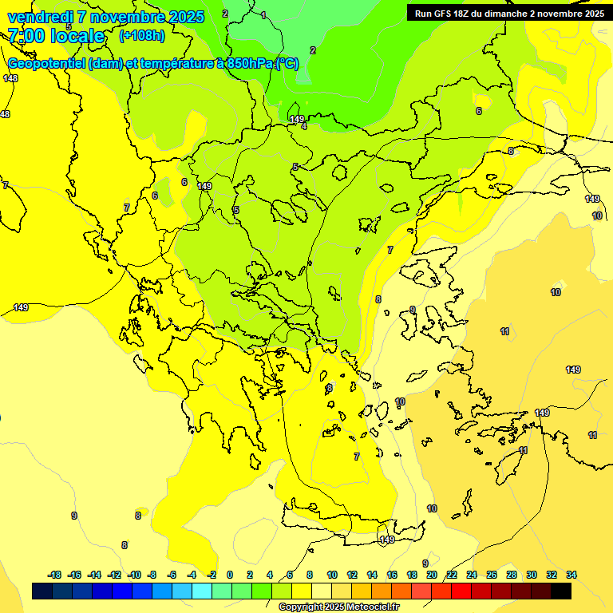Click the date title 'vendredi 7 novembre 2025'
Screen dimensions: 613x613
coord(105,17)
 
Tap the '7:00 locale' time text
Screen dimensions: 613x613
coord(56,36)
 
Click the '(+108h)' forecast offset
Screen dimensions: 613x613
coord(141,35)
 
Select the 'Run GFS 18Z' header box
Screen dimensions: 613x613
coord(509,13)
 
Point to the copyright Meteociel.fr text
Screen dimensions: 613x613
coord(338,607)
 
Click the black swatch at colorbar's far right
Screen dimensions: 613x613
coord(561,591)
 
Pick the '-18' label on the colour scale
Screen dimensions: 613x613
coord(54,575)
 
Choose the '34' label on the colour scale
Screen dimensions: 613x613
coord(571,575)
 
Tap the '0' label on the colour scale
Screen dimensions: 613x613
coord(230,575)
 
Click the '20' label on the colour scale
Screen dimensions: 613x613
coord(431,575)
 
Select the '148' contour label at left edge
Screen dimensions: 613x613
coord(10,78)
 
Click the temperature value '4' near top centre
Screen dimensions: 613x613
coord(304,126)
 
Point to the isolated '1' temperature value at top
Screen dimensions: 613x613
coord(263,15)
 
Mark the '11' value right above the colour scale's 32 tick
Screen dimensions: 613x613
coord(592,435)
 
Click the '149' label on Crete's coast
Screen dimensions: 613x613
coord(387,540)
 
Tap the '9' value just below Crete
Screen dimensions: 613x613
coord(425,564)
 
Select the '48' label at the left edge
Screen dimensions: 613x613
coord(5,114)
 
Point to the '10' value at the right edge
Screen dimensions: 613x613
coord(597,216)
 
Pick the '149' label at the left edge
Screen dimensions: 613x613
coord(22,307)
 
